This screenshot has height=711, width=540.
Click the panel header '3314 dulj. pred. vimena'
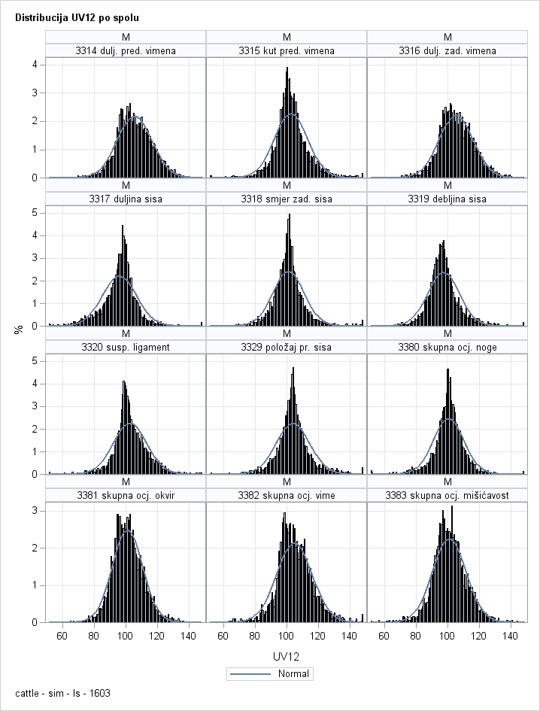pos(126,50)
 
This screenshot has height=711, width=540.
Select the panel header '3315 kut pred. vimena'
pos(287,50)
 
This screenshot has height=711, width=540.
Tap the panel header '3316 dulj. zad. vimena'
pos(447,50)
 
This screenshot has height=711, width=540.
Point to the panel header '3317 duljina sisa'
pos(126,199)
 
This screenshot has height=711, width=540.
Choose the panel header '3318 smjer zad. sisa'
pos(287,199)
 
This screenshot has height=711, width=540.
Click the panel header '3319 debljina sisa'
pos(447,199)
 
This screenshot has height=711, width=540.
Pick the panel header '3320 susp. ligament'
pos(126,347)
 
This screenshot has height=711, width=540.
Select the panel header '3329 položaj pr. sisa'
pos(287,347)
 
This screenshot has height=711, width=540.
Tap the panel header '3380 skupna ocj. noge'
pos(447,347)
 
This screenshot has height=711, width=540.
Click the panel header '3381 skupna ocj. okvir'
pos(126,495)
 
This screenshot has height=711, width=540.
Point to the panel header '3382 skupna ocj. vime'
pos(287,495)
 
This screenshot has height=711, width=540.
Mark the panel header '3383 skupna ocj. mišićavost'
pos(447,495)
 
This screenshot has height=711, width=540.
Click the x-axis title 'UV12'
pos(287,657)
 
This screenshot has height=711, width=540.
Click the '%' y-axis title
pos(19,329)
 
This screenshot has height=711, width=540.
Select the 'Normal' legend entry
pos(271,673)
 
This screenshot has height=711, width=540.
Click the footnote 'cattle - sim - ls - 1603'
pos(57,692)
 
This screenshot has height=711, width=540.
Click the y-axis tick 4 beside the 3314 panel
pos(35,65)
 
